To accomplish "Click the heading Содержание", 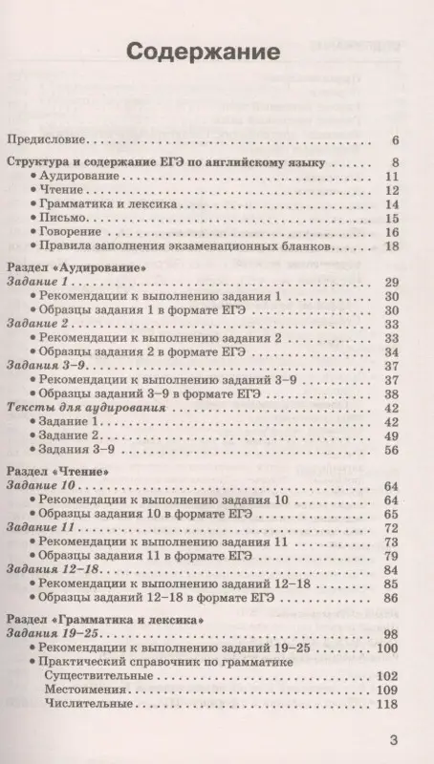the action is (216, 51).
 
